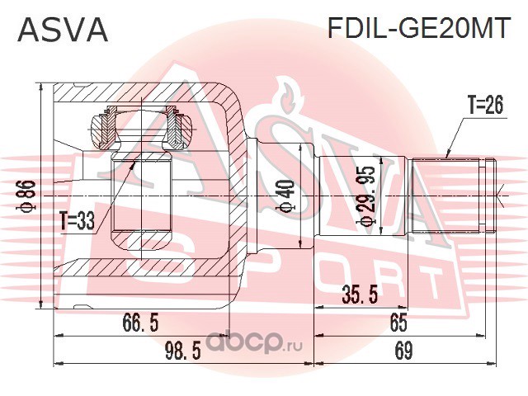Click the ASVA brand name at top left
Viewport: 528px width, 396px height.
(x=63, y=29)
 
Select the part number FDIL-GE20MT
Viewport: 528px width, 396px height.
(x=417, y=28)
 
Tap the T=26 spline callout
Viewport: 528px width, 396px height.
(x=485, y=105)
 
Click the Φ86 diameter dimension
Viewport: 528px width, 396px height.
(x=26, y=196)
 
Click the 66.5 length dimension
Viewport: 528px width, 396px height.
(x=140, y=323)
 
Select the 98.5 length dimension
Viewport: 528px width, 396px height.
(x=183, y=351)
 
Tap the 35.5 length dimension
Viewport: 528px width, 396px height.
(x=360, y=294)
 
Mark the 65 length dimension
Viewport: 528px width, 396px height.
(x=398, y=323)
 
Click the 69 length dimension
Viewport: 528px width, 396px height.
(x=403, y=351)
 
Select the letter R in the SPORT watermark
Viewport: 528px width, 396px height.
(x=351, y=277)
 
